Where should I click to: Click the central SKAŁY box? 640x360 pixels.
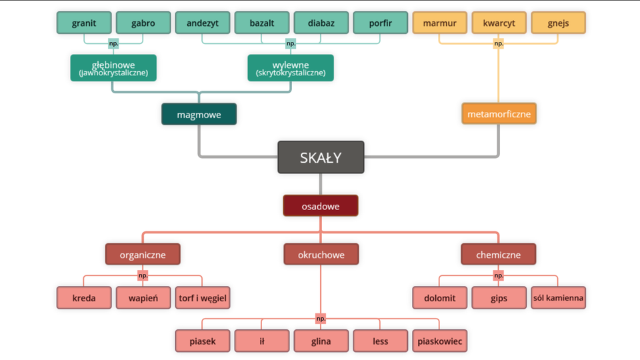coord(321,157)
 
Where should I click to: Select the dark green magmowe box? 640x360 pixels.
coord(199,114)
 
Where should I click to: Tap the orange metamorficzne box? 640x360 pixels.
coord(499,113)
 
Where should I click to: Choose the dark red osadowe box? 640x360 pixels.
coord(320,206)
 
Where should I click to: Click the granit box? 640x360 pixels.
coord(84,23)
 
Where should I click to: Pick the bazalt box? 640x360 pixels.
coord(261,23)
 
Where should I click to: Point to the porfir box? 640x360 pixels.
coord(380,23)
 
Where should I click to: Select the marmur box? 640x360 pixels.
coord(439,23)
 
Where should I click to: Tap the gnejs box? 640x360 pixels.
coord(558,23)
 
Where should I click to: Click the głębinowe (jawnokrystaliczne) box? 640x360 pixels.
coord(113,67)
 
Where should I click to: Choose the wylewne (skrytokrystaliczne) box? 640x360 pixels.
coord(291,67)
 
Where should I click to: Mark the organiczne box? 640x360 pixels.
coord(143,254)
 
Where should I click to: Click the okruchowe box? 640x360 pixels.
coord(321,254)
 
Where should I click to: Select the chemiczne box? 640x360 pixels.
coord(499,254)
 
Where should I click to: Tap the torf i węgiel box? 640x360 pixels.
coord(203,297)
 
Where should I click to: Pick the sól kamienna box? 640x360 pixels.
coord(558,297)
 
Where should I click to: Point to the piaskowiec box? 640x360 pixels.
coord(439,341)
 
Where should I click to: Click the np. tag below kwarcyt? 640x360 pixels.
coord(499,44)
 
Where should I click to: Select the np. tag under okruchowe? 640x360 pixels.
coord(321,319)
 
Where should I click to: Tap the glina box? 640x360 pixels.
coord(321,341)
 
